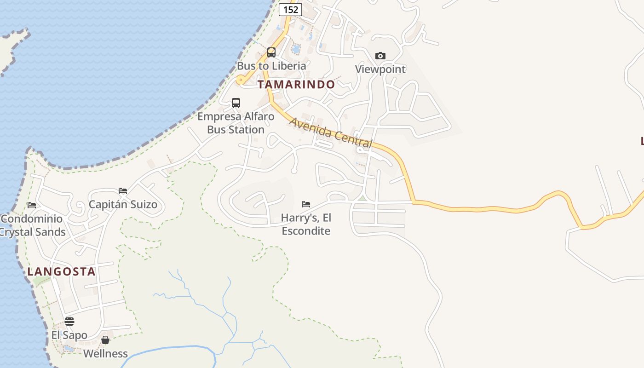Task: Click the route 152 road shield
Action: (290, 9)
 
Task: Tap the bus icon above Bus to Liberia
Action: (271, 52)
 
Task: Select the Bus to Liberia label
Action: (271, 66)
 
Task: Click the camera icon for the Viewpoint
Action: (380, 56)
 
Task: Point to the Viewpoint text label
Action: (380, 69)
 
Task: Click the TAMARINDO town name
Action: (296, 85)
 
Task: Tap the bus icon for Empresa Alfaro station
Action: (236, 103)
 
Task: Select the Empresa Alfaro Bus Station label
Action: (236, 123)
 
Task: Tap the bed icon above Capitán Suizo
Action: (123, 190)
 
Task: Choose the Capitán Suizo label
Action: (123, 204)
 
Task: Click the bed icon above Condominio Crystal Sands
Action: (32, 205)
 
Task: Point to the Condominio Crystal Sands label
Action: (32, 225)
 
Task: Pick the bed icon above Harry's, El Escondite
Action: (306, 204)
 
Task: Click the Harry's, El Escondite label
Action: (306, 224)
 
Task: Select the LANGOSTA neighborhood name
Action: (61, 271)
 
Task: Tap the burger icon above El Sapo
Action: (69, 321)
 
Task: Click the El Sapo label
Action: (69, 335)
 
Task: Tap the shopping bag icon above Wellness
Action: (105, 340)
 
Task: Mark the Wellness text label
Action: (105, 353)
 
